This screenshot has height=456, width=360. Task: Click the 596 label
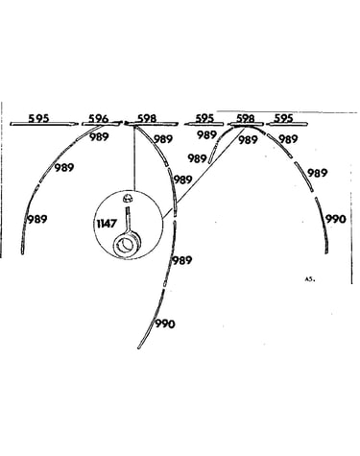(99, 118)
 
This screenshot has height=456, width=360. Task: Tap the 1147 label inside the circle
(107, 224)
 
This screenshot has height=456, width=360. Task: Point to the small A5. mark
(310, 279)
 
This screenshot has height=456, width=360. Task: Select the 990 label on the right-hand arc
(336, 219)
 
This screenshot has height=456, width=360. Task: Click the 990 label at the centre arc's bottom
(165, 324)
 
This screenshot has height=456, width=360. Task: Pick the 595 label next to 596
(38, 118)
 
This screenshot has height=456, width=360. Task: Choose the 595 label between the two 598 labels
(204, 118)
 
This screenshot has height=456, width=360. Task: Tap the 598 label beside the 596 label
(147, 118)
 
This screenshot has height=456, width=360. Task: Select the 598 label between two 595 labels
(246, 118)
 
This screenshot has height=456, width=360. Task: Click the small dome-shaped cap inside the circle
(128, 199)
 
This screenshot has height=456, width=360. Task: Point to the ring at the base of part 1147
(127, 245)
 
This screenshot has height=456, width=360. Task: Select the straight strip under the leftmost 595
(44, 124)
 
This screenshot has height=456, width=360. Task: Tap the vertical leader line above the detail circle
(134, 158)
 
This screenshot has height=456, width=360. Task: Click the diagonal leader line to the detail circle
(204, 173)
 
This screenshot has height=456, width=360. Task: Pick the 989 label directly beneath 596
(99, 137)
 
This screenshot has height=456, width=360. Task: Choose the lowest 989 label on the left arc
(37, 219)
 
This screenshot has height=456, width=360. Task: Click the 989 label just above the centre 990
(182, 260)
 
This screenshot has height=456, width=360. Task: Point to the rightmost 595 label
(284, 118)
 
